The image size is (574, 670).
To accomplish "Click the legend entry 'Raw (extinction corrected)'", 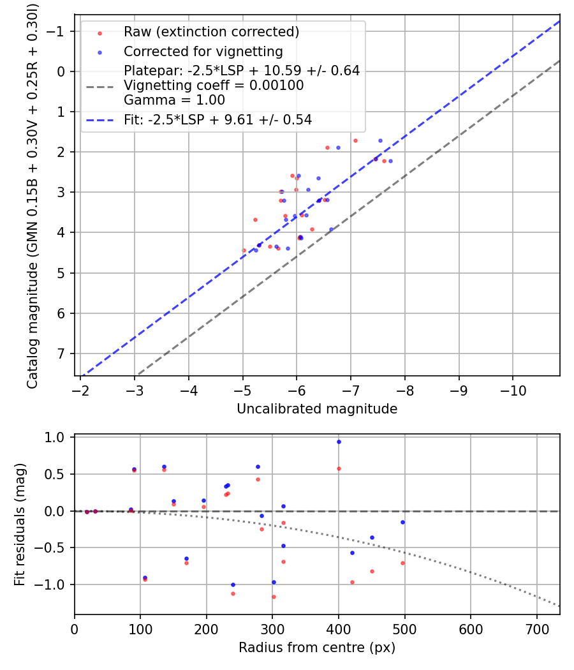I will (211, 32).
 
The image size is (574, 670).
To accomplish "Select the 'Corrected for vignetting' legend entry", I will (203, 51).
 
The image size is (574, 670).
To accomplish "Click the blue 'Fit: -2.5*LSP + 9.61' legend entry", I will (217, 119).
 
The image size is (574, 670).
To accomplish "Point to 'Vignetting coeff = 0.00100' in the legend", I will (214, 86).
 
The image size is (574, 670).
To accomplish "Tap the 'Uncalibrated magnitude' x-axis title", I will (317, 409).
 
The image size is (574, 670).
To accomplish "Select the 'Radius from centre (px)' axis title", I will (317, 648).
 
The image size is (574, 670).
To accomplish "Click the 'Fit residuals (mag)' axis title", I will (20, 524).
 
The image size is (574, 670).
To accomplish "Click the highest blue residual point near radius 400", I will (339, 442).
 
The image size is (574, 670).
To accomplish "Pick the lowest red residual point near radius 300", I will (274, 597).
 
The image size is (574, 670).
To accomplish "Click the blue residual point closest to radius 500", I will (402, 522).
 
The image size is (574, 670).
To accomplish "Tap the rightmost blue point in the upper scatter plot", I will (390, 161).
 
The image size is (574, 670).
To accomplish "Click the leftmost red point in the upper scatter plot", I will (244, 250).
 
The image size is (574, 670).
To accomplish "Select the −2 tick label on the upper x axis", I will (80, 389).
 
